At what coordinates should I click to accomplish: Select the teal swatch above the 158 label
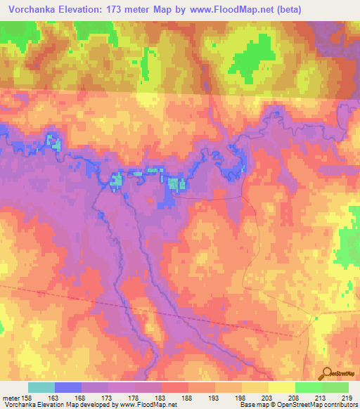[x=41, y=387]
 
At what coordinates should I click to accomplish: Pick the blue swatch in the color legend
[x=68, y=387]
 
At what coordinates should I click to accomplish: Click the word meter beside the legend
[x=11, y=398]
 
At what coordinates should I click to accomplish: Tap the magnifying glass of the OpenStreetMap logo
[x=327, y=374]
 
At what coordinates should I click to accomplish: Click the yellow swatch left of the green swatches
[x=282, y=387]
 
